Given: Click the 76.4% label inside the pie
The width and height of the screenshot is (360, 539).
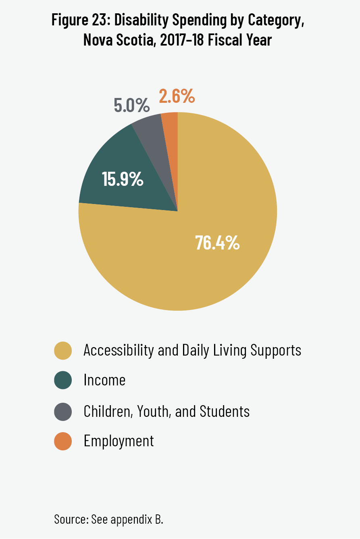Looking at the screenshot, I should click(x=217, y=243).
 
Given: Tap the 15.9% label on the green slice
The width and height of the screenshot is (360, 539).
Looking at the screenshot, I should click(x=123, y=179).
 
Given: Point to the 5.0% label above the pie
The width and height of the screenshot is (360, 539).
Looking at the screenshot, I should click(x=131, y=106).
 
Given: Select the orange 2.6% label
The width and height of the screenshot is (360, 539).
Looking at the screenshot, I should click(x=177, y=96).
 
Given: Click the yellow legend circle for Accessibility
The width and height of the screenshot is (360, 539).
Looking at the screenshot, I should click(x=62, y=350).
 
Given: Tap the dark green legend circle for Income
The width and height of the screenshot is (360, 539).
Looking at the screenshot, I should click(x=62, y=380).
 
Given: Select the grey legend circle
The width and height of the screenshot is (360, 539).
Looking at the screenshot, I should click(x=62, y=412).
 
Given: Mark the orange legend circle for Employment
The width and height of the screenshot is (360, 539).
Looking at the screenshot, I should click(x=62, y=441).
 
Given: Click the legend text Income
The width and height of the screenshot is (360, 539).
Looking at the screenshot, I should click(x=104, y=380).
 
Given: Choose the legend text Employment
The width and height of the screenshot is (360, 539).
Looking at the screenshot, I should click(x=119, y=441).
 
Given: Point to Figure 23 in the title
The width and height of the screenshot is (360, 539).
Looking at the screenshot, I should click(x=77, y=20).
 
